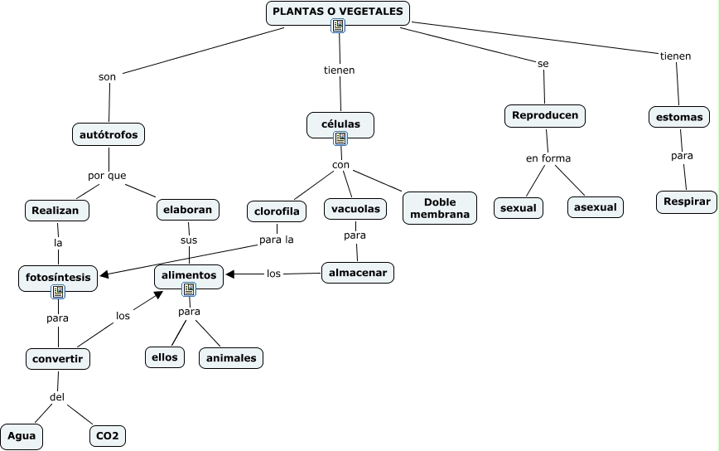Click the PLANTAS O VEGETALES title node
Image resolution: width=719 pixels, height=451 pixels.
click(337, 12)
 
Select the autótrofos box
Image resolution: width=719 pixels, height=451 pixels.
click(109, 133)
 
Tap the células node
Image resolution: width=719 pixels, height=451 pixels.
click(340, 124)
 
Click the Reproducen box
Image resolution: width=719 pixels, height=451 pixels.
click(544, 115)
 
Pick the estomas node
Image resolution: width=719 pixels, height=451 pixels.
click(678, 117)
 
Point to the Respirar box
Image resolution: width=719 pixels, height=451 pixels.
click(687, 201)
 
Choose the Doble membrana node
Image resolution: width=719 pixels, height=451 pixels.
click(439, 208)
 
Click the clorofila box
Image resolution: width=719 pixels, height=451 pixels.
click(277, 211)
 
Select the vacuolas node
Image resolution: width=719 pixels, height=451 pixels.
click(355, 209)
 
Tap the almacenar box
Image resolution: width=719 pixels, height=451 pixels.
click(358, 272)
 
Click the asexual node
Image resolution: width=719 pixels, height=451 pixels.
click(595, 207)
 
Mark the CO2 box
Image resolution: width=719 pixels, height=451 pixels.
click(108, 435)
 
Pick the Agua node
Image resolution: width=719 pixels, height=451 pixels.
click(21, 435)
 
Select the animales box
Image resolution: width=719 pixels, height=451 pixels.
click(231, 358)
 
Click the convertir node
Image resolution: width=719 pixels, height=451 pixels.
click(58, 359)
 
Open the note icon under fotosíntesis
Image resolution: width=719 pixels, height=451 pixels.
click(58, 292)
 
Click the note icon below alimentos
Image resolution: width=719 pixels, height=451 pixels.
click(189, 289)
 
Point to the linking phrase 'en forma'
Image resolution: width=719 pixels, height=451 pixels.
click(548, 158)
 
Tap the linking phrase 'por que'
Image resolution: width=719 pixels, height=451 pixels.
click(107, 175)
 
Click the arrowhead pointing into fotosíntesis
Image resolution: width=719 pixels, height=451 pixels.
click(103, 273)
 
